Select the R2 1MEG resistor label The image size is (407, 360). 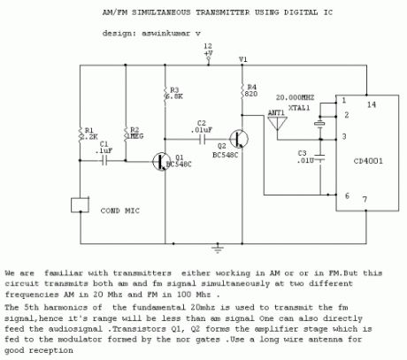(x=135, y=134)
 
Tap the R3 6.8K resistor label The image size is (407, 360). (x=175, y=95)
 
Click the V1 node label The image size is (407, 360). (x=243, y=58)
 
